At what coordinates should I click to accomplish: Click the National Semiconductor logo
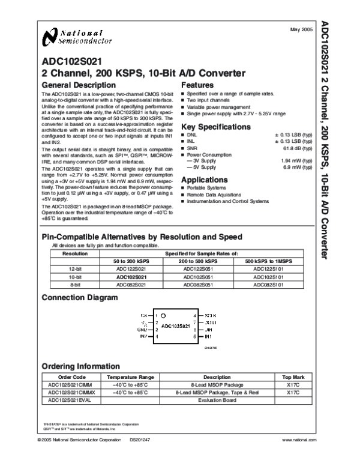click(x=77, y=37)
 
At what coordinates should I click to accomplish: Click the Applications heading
click(x=204, y=180)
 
